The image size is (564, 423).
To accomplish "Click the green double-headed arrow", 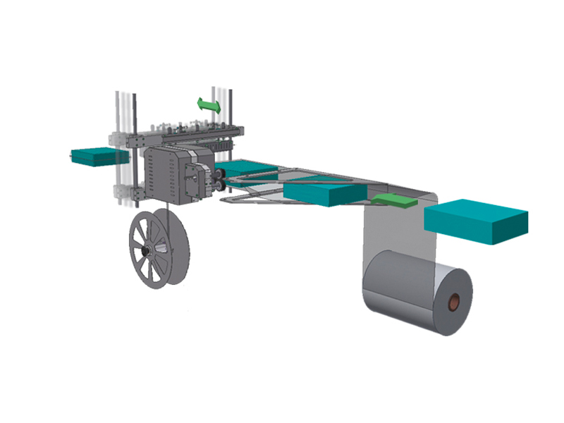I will [x=209, y=106].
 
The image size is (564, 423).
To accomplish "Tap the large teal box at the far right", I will [x=477, y=221].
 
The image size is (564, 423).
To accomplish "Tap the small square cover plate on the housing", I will [x=192, y=182].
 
